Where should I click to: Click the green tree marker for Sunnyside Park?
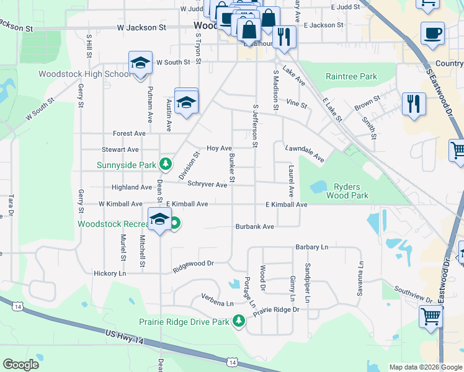click(x=165, y=164)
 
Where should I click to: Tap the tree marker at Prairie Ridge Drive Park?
click(x=239, y=321)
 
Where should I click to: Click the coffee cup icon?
click(x=432, y=33)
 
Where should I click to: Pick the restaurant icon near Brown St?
click(x=413, y=104)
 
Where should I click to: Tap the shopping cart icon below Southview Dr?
click(x=431, y=316)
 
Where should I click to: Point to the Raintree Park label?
click(x=351, y=77)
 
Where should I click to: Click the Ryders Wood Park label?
click(x=351, y=191)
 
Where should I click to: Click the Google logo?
click(x=20, y=364)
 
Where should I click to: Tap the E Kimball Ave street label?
click(x=286, y=205)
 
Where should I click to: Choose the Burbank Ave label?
click(x=254, y=227)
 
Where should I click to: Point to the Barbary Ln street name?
click(x=311, y=247)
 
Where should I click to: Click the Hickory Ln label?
click(x=109, y=273)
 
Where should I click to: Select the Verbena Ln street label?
click(x=217, y=304)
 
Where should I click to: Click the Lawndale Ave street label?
click(x=305, y=154)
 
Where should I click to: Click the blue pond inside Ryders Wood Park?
click(x=318, y=186)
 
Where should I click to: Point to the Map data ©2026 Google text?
click(x=425, y=367)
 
